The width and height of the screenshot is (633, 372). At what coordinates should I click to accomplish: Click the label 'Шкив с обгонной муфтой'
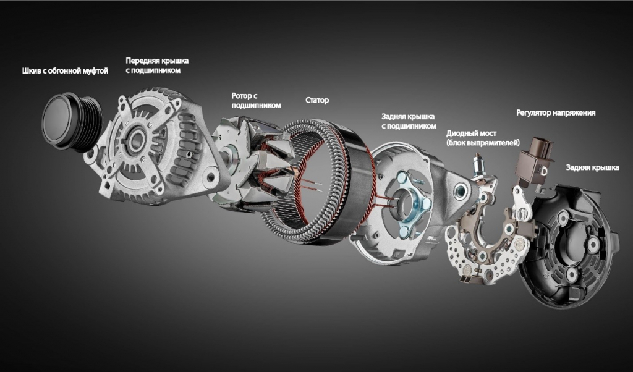click(65, 71)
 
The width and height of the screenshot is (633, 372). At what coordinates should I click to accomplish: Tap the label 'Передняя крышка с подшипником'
click(157, 66)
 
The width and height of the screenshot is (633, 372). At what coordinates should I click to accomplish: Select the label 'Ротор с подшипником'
click(256, 101)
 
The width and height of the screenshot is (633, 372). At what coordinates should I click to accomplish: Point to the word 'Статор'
click(317, 100)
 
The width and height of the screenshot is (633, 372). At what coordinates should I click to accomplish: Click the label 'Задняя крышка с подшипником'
click(409, 122)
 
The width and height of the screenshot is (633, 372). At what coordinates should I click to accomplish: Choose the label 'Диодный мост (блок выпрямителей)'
click(483, 138)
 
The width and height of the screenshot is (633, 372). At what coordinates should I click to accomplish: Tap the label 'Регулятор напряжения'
click(556, 113)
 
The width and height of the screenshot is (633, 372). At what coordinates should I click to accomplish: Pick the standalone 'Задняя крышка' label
click(592, 167)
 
